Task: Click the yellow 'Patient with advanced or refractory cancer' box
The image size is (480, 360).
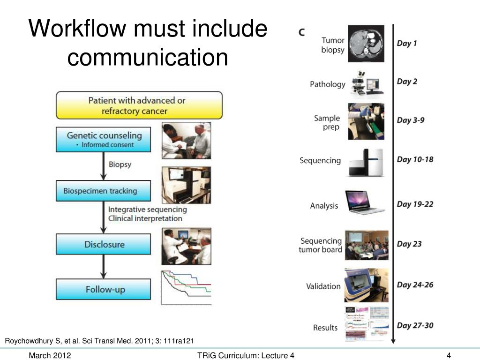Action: coord(139,105)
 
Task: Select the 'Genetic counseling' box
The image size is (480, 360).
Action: coord(104,139)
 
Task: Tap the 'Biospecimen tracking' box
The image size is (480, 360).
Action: coord(104,191)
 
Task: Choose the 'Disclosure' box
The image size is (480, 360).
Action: coord(104,244)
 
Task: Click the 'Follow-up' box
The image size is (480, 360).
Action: coord(104,289)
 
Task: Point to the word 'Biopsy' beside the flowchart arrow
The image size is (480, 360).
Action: coord(120,165)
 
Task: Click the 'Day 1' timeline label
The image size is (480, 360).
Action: coord(407,43)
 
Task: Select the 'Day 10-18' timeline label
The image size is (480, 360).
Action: coord(415,159)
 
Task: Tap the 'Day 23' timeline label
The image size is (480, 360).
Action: coord(409,244)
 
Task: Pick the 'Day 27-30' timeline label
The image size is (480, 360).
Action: coord(415,325)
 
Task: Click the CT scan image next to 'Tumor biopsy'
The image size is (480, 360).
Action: coord(366,44)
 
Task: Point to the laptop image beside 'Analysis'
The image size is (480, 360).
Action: coord(365,202)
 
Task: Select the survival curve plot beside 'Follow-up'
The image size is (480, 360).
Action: coord(186,287)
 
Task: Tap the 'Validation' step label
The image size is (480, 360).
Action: coord(323,286)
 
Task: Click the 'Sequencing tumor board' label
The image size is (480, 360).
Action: coord(321,245)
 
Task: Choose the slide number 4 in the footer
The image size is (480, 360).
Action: coord(449,356)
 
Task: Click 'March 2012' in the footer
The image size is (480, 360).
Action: coord(50,356)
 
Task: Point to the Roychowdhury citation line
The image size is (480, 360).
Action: coord(99,340)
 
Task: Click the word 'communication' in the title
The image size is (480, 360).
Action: coord(148,57)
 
